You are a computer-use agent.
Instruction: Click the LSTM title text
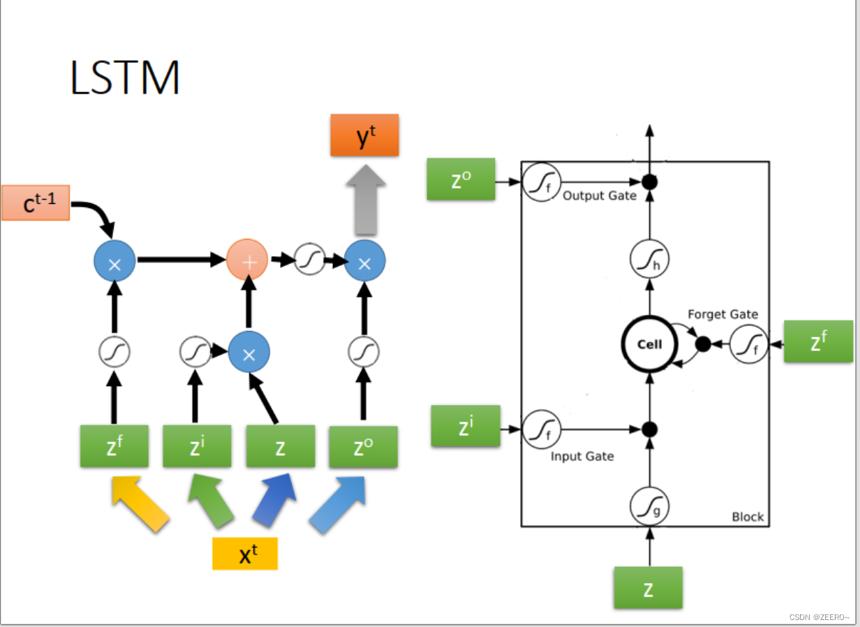tap(126, 78)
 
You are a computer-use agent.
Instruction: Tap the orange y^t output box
tap(364, 135)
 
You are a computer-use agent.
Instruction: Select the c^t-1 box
tap(36, 202)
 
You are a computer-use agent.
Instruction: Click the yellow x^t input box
tap(245, 553)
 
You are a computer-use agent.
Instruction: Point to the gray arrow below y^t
tap(364, 200)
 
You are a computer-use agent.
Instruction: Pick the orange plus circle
tap(247, 260)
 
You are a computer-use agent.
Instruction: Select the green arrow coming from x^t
tap(212, 501)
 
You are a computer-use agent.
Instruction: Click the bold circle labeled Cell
tap(650, 344)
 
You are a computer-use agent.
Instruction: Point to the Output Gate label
tap(600, 196)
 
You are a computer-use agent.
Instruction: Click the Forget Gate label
tap(722, 315)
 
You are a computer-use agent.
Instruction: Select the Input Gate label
tap(582, 457)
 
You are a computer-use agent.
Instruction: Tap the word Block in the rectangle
tap(747, 517)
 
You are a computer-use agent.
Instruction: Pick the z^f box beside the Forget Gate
tap(818, 341)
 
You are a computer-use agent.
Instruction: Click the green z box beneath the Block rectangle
tap(648, 587)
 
